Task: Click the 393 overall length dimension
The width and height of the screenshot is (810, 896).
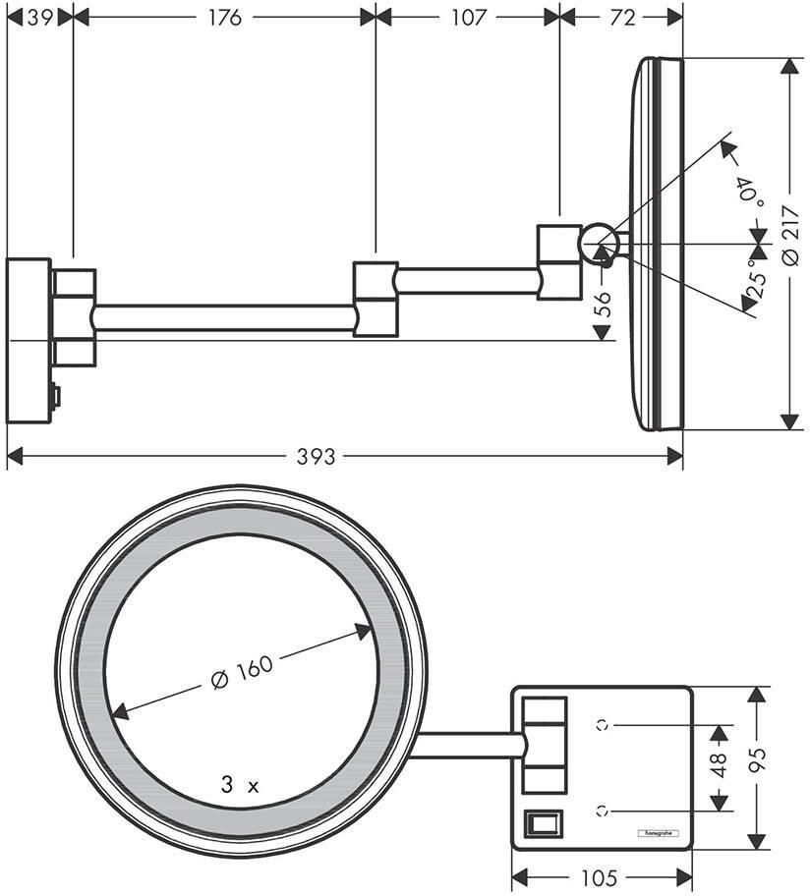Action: coord(317,457)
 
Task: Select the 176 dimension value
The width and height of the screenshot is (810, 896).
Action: coord(225,18)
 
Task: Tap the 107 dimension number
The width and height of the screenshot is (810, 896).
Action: coord(468,18)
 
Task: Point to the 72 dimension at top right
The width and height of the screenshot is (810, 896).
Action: coord(622,18)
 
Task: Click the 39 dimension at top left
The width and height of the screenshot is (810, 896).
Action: coord(39,18)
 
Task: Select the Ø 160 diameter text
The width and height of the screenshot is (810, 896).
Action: coord(242,672)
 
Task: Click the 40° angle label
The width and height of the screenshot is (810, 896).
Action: coord(751,193)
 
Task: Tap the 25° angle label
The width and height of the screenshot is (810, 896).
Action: coord(756,279)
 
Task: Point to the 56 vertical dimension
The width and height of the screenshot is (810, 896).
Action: coord(603,304)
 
